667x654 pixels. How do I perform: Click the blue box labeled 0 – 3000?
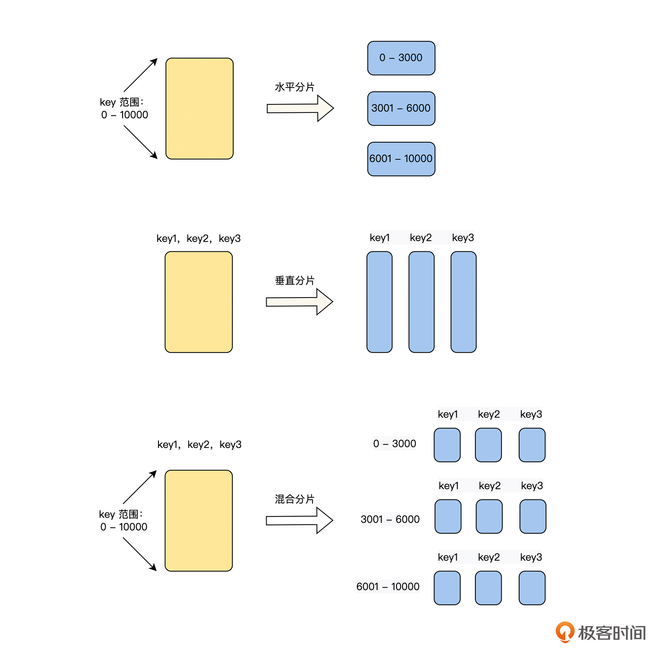click(401, 58)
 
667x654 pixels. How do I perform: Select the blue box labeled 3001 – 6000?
click(401, 109)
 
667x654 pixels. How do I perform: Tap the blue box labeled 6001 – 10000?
click(401, 159)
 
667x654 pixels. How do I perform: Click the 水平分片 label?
click(294, 87)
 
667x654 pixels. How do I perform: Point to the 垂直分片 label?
click(294, 280)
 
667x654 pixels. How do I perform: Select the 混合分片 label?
click(294, 499)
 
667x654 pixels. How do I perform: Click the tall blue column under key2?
click(421, 302)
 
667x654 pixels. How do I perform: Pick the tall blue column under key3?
click(463, 302)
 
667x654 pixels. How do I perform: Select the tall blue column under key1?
click(379, 302)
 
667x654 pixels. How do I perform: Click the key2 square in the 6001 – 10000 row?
click(488, 588)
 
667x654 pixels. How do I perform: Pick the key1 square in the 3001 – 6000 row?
click(448, 516)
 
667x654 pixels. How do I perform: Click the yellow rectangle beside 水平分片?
click(199, 109)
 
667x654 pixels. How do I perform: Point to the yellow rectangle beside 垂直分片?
click(199, 302)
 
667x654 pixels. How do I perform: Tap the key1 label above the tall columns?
click(380, 237)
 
